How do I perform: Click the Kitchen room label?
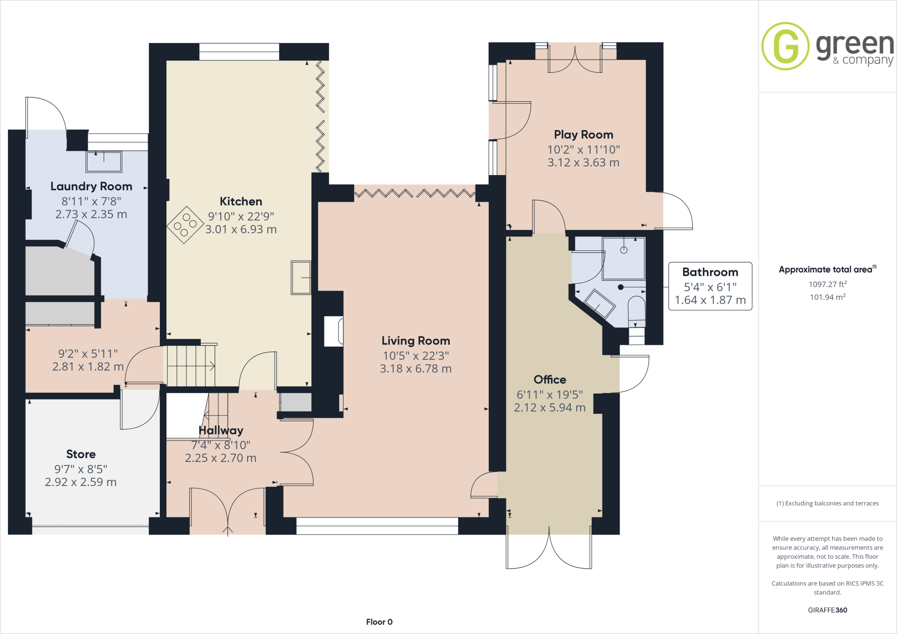241,201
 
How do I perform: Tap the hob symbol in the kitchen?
185,225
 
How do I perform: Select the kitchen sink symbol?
301,278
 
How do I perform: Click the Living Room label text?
416,341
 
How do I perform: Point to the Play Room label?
583,134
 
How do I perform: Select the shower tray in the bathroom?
624,258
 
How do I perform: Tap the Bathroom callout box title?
710,272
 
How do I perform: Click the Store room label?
81,454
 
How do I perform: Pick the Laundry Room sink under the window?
104,162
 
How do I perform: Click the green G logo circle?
785,46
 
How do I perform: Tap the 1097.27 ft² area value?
827,284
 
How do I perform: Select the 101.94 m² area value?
827,297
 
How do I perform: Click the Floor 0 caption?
379,622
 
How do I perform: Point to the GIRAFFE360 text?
827,610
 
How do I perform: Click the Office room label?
550,380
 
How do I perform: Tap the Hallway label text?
221,430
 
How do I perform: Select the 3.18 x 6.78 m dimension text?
416,369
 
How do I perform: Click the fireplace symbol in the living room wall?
333,331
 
